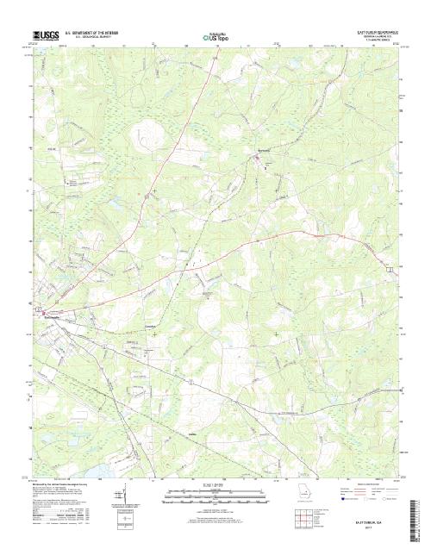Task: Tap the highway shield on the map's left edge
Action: (x=38, y=307)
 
